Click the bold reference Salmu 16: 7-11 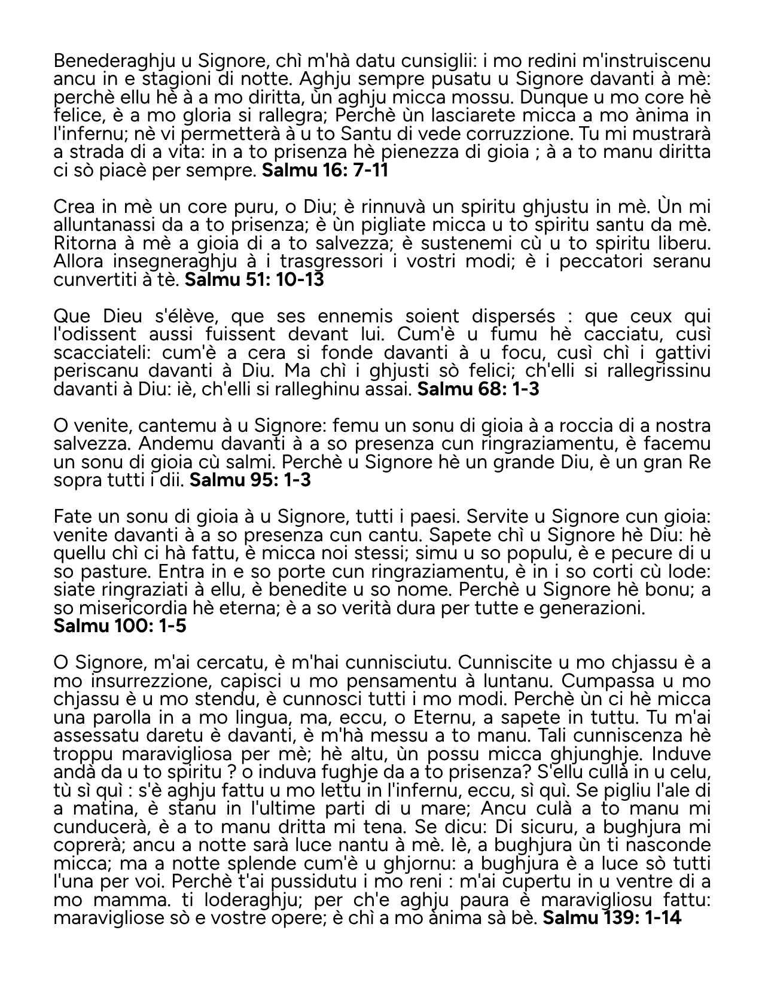325,170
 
